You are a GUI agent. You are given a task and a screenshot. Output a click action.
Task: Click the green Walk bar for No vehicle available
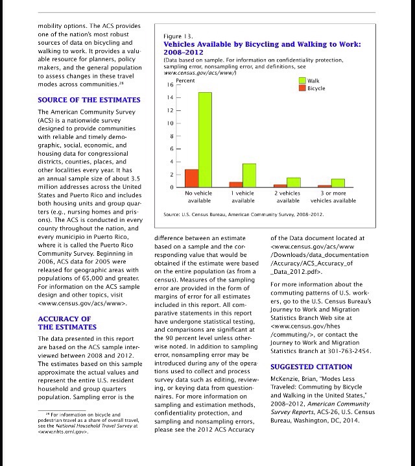pyautogui.click(x=205, y=140)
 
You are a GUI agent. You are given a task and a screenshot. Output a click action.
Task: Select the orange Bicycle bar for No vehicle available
pyautogui.click(x=191, y=178)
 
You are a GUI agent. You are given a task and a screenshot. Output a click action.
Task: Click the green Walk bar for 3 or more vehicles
pyautogui.click(x=338, y=183)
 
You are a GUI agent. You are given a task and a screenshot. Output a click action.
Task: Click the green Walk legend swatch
pyautogui.click(x=302, y=81)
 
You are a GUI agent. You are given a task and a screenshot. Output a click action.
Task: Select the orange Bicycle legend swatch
pyautogui.click(x=302, y=88)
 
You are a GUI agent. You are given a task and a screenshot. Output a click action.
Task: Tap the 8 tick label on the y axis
pyautogui.click(x=170, y=136)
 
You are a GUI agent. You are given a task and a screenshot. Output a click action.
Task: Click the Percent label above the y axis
pyautogui.click(x=185, y=80)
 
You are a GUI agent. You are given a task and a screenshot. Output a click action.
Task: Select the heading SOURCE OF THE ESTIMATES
pyautogui.click(x=89, y=100)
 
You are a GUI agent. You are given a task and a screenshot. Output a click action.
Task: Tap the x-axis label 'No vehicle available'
pyautogui.click(x=198, y=197)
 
